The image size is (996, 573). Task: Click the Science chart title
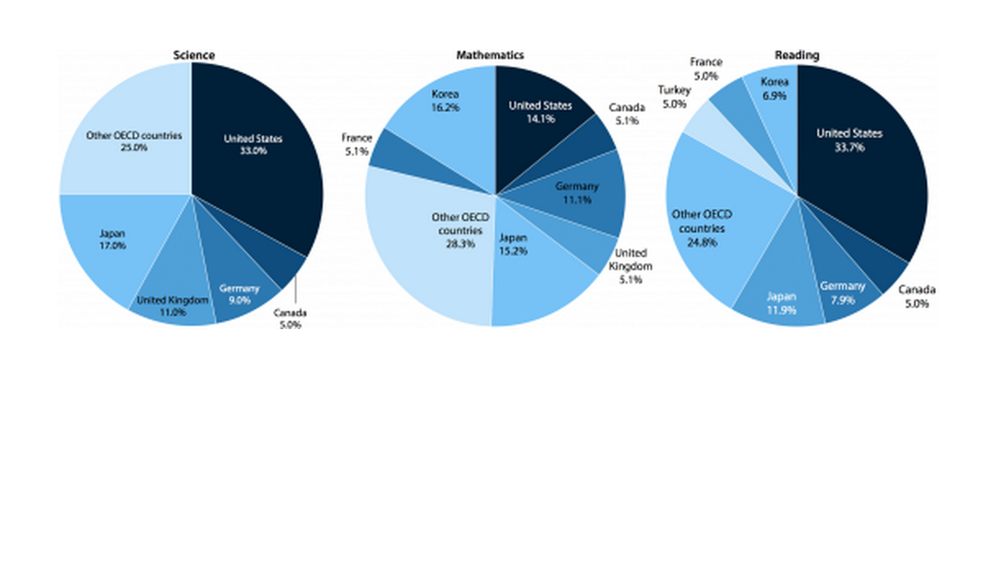(x=194, y=55)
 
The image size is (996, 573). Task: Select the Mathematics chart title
(x=490, y=55)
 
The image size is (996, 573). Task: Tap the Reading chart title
(x=796, y=55)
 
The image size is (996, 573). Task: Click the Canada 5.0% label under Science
(x=289, y=318)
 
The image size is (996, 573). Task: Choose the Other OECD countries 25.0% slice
(x=123, y=139)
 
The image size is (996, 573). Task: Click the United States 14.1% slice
(x=541, y=111)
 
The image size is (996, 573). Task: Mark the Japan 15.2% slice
(x=532, y=278)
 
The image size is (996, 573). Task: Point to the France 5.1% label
(x=356, y=145)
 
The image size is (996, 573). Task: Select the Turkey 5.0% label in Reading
(x=673, y=97)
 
